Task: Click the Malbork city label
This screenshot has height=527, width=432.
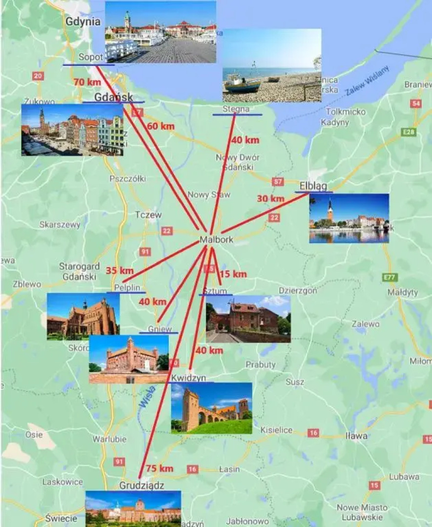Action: pyautogui.click(x=216, y=240)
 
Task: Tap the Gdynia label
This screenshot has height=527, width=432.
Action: pyautogui.click(x=83, y=21)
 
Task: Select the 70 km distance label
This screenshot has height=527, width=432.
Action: pyautogui.click(x=87, y=82)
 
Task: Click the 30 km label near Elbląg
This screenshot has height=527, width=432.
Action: pyautogui.click(x=270, y=199)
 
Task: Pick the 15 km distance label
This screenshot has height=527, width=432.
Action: pyautogui.click(x=233, y=274)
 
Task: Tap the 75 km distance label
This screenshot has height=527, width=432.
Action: pyautogui.click(x=160, y=468)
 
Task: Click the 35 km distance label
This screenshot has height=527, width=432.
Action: pyautogui.click(x=120, y=270)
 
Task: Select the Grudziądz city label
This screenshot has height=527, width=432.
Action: pyautogui.click(x=142, y=486)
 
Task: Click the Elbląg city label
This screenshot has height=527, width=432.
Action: pyautogui.click(x=313, y=186)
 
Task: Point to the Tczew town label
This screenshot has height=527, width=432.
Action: pyautogui.click(x=148, y=215)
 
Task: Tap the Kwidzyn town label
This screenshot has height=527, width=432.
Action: pyautogui.click(x=189, y=378)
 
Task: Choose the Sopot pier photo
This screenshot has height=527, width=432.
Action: pyautogui.click(x=161, y=32)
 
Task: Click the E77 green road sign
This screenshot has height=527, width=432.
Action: pyautogui.click(x=390, y=278)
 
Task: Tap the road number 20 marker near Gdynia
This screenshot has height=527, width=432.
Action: pyautogui.click(x=38, y=76)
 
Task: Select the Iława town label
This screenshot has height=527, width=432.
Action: pyautogui.click(x=356, y=436)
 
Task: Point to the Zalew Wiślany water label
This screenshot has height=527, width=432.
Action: pyautogui.click(x=368, y=81)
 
